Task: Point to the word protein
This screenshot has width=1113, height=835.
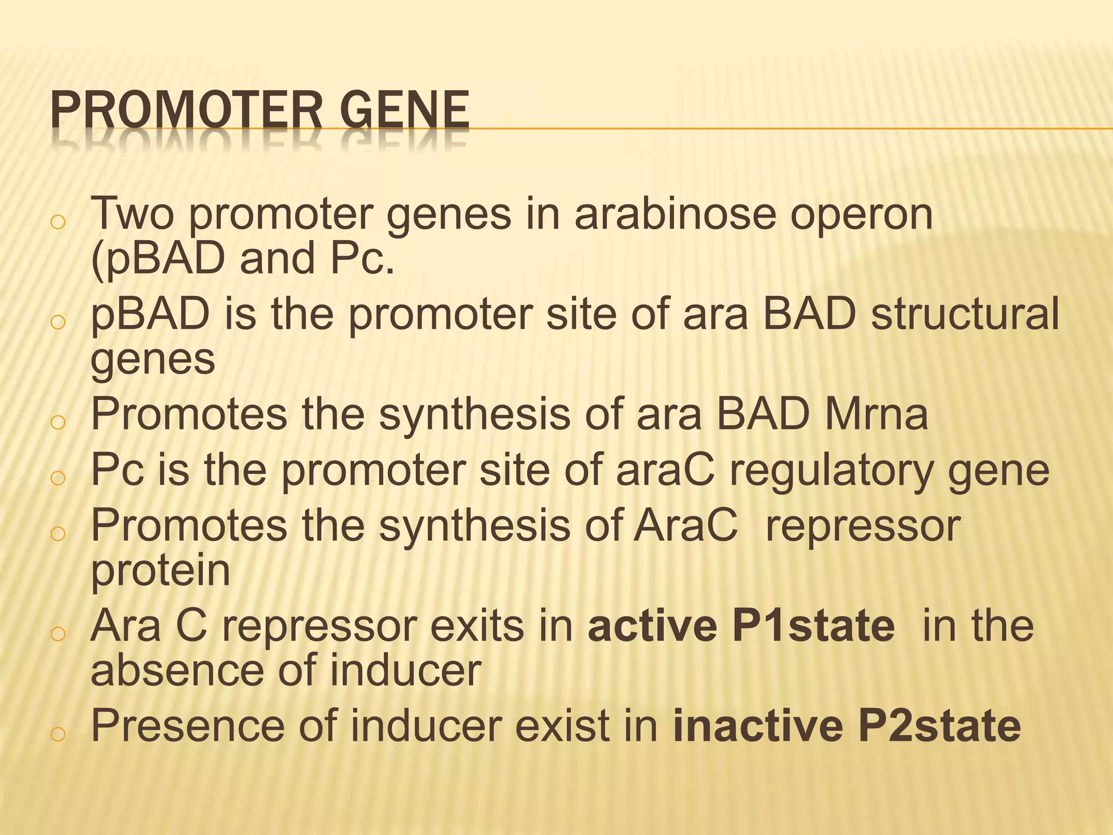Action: [160, 572]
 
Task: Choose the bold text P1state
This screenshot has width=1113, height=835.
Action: [813, 626]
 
